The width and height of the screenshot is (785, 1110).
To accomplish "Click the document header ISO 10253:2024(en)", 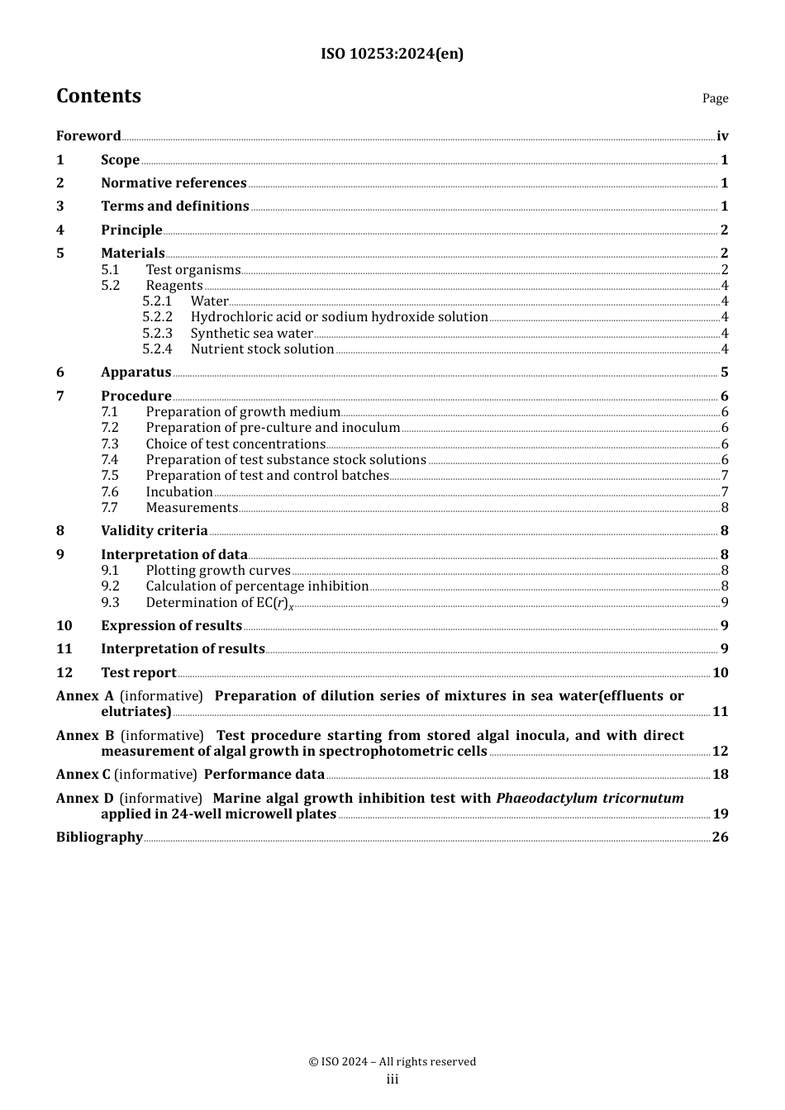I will click(x=392, y=54).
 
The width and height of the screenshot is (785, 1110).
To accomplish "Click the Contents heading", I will click(x=98, y=96).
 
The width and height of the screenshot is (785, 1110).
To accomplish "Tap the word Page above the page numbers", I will click(x=715, y=98).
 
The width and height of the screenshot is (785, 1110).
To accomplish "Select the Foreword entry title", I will click(x=88, y=136).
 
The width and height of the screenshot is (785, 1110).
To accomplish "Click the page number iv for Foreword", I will click(x=722, y=136).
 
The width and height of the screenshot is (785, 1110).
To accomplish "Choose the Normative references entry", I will click(x=174, y=183).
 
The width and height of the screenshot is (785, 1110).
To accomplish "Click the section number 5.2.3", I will click(x=157, y=334).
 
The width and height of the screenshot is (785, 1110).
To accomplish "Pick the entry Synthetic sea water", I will click(x=251, y=334).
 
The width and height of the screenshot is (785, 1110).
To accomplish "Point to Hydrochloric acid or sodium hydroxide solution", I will click(x=339, y=317).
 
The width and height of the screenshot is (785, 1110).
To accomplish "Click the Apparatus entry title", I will click(x=136, y=372).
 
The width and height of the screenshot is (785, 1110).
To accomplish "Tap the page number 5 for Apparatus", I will click(x=724, y=372).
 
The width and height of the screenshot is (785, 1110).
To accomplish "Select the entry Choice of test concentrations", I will click(x=235, y=444).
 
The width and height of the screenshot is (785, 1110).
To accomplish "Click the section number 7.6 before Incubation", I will click(x=110, y=492).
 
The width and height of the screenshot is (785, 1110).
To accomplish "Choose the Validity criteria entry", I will click(x=154, y=531).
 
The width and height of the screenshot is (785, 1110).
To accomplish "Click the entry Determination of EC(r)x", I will click(x=219, y=603).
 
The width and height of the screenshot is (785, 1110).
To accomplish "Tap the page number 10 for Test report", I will click(x=720, y=673).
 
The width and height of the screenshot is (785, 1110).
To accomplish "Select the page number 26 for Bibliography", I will click(x=720, y=837).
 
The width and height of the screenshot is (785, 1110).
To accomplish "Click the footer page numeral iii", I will click(x=392, y=1079).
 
